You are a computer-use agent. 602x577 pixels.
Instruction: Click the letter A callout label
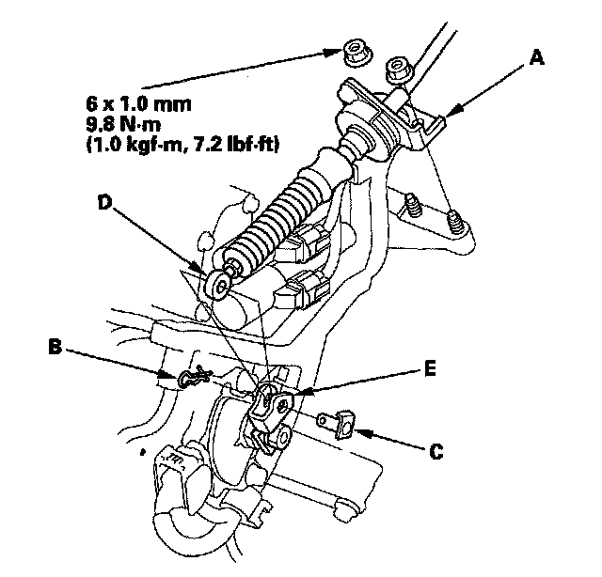tap(536, 59)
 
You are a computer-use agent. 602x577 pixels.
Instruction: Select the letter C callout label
tap(436, 451)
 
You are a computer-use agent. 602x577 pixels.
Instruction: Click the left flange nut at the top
tap(355, 54)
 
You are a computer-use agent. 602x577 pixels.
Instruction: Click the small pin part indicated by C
tap(338, 422)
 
